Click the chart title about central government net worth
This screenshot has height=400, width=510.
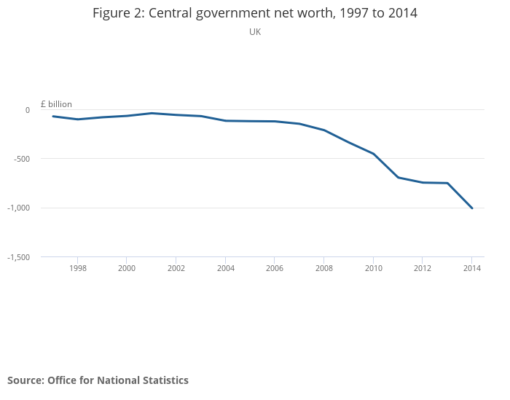click(x=255, y=13)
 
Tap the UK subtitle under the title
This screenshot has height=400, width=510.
click(x=255, y=32)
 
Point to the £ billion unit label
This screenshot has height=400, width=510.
click(x=56, y=104)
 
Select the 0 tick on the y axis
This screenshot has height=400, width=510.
click(x=28, y=110)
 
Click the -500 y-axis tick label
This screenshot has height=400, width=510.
click(x=21, y=159)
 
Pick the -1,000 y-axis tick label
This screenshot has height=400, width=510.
click(x=19, y=208)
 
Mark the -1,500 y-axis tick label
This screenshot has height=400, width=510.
click(x=19, y=257)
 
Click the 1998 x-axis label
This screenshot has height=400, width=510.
click(x=78, y=268)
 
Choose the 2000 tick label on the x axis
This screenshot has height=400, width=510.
click(x=127, y=268)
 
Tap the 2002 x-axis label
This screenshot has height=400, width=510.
click(x=176, y=268)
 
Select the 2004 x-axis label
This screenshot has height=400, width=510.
click(x=226, y=268)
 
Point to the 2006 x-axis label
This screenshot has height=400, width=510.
click(x=275, y=268)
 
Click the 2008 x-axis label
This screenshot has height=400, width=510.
click(x=324, y=268)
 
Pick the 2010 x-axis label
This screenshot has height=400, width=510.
click(x=373, y=268)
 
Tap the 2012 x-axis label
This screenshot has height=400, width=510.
click(x=423, y=268)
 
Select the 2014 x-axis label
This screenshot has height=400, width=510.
click(x=472, y=268)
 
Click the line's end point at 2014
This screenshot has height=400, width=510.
click(x=472, y=208)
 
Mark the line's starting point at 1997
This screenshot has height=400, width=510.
click(x=53, y=117)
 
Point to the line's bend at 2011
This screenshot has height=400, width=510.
click(x=398, y=177)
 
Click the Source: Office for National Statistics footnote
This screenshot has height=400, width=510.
click(x=98, y=380)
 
